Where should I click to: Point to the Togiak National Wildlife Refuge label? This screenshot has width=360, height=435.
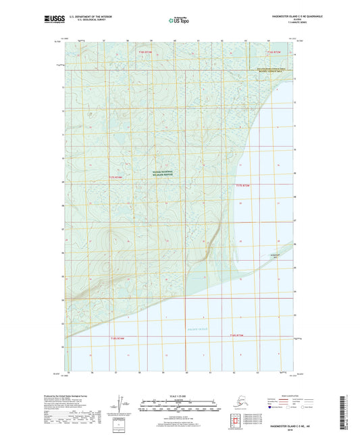(x=162, y=172)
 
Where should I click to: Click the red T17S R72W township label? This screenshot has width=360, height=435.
(x=244, y=185)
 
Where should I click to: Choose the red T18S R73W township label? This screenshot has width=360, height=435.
(x=236, y=336)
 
